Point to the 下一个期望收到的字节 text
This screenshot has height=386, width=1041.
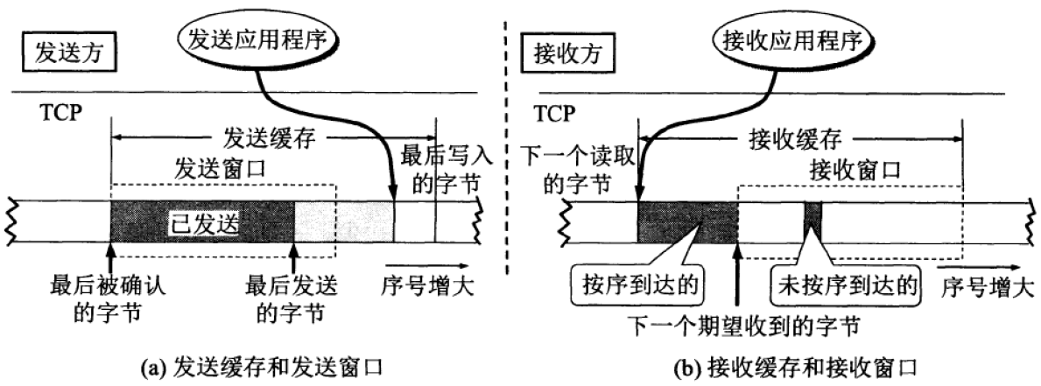click(741, 326)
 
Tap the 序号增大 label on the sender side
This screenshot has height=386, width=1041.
click(426, 285)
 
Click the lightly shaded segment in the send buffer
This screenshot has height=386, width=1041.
click(344, 224)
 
